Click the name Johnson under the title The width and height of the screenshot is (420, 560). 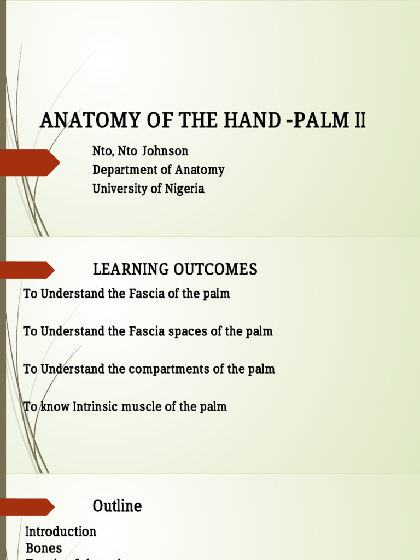click(165, 151)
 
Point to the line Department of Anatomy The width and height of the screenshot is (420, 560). click(159, 170)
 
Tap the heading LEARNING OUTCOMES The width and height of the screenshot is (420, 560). click(175, 269)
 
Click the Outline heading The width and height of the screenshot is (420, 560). click(117, 506)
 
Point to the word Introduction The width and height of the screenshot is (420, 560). click(61, 532)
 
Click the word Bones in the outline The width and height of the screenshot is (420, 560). click(44, 547)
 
